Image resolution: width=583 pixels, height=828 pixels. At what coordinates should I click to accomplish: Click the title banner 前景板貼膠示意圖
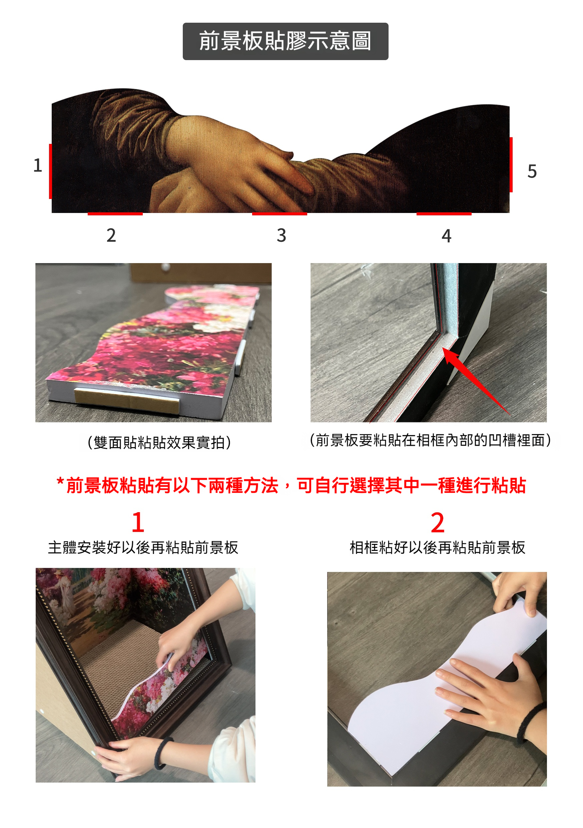(x=285, y=41)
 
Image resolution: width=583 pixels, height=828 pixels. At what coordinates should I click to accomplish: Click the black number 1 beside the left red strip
(x=38, y=165)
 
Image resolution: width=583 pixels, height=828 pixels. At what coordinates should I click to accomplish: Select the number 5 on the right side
(x=532, y=171)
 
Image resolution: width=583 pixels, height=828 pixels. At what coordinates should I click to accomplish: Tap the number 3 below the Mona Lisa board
(x=281, y=235)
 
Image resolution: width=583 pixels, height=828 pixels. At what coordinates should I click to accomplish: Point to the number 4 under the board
(x=447, y=236)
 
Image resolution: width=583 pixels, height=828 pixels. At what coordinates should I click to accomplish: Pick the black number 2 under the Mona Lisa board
(x=111, y=235)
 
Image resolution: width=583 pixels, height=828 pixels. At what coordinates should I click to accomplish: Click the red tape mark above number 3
(x=279, y=214)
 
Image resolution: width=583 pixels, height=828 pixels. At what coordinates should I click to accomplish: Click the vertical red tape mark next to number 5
(x=511, y=165)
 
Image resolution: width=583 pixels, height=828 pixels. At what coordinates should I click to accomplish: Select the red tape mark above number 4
(x=444, y=214)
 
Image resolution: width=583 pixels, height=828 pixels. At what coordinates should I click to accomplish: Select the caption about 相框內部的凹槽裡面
(x=430, y=440)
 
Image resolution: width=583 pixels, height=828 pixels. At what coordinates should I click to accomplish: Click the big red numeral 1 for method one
(x=138, y=522)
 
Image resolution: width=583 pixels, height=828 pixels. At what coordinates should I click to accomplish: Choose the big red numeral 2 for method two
(x=438, y=522)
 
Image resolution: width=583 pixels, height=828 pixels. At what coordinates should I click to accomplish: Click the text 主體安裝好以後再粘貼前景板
(x=143, y=548)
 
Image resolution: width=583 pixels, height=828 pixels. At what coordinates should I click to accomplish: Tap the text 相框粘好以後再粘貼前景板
(x=438, y=548)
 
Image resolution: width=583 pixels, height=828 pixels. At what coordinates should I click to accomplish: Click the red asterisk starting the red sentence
(x=60, y=481)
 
